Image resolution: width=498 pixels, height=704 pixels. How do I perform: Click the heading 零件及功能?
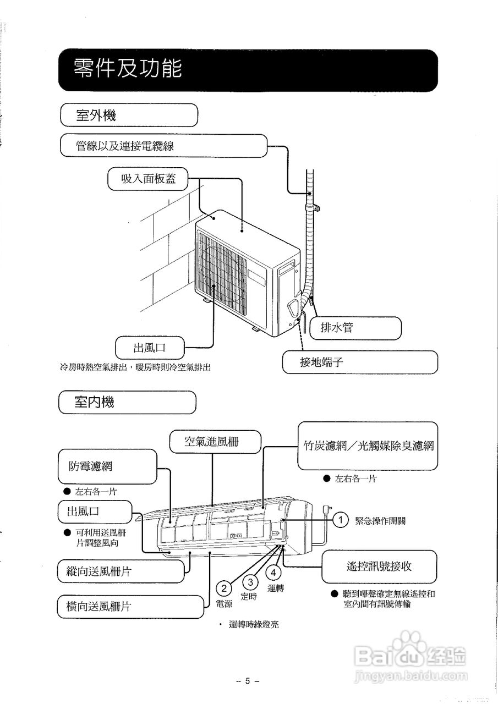(x=128, y=70)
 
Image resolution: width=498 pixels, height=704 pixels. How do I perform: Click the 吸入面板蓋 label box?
(x=148, y=179)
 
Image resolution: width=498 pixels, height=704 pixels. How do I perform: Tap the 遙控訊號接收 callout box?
(x=379, y=566)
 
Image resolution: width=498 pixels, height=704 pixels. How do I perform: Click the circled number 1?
(x=341, y=520)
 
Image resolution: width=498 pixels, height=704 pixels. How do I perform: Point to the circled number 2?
(x=224, y=588)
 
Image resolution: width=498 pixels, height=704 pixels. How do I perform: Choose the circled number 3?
(x=251, y=582)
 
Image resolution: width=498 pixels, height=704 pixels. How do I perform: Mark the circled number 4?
(x=274, y=572)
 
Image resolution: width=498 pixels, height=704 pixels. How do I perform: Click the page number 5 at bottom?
(x=248, y=681)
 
